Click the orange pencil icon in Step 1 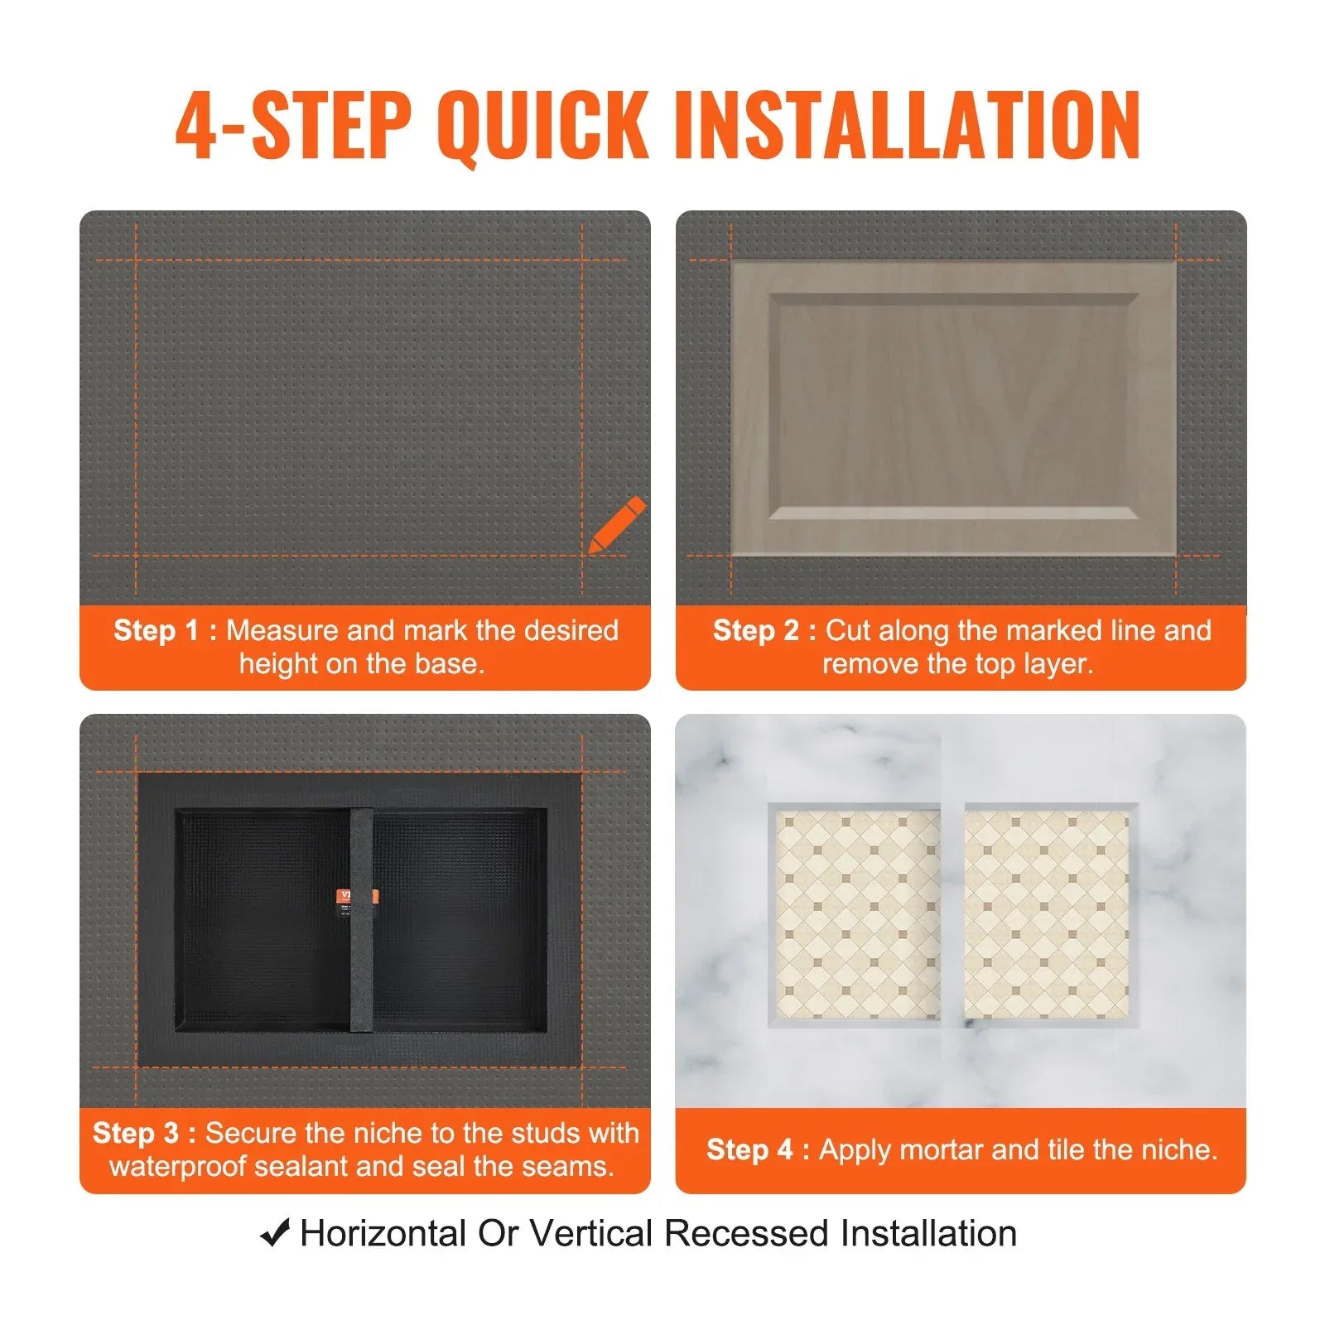(618, 523)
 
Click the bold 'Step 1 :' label (165, 630)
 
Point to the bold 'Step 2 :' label (764, 630)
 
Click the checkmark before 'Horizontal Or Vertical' (275, 1233)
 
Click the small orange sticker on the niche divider (358, 896)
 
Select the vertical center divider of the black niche (361, 919)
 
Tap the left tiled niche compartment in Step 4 (858, 914)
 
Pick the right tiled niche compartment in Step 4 (1046, 914)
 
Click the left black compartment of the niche (261, 919)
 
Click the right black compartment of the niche (460, 919)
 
